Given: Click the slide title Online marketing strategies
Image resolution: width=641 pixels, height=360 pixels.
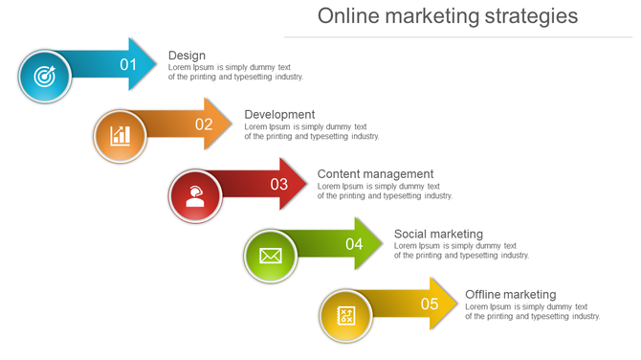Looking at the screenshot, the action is [x=448, y=16].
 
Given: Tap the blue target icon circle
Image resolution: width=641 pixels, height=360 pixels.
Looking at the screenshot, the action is [x=45, y=77].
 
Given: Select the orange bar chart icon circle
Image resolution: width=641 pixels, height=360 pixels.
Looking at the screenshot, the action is [x=120, y=135].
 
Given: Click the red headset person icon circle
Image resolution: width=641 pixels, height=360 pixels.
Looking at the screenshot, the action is [x=195, y=195].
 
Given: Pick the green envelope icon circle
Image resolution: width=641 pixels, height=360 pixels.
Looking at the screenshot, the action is [x=271, y=256].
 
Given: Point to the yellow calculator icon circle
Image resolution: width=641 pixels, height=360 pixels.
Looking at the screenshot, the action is [x=346, y=316].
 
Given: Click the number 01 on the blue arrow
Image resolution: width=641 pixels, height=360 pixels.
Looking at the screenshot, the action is [x=128, y=64].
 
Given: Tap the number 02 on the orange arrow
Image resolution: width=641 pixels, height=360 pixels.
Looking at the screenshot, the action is [x=204, y=124].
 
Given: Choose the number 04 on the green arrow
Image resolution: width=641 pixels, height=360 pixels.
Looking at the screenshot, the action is [x=354, y=243].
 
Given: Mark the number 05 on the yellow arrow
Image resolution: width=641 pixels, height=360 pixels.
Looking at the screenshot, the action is [x=430, y=304].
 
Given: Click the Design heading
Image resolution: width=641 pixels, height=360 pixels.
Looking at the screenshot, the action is [x=187, y=56].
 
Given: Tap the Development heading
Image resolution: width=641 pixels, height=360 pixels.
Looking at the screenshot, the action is [x=279, y=115].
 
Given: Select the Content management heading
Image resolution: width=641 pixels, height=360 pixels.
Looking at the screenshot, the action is [x=375, y=174].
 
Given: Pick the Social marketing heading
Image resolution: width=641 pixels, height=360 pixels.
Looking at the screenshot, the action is [x=438, y=234].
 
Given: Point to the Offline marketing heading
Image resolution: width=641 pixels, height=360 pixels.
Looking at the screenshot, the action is [x=510, y=294].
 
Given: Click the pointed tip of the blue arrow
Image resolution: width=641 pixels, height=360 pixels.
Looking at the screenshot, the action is [x=155, y=64].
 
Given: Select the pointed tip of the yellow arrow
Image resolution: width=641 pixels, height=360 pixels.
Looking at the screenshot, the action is [x=457, y=304].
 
